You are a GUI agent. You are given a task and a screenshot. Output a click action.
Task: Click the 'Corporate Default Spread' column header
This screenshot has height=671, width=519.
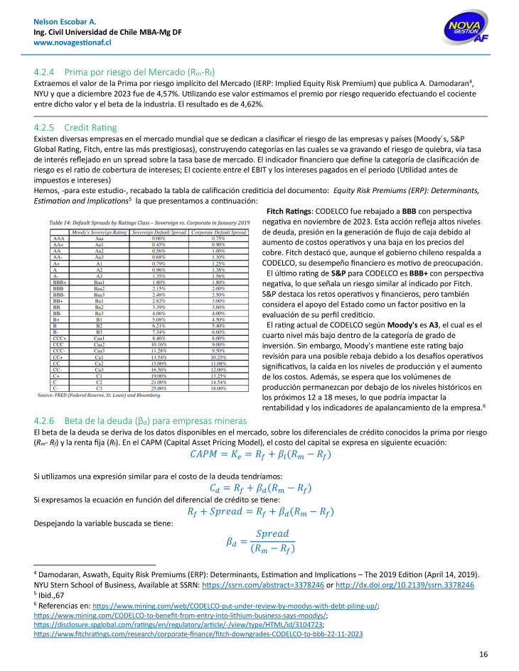223,232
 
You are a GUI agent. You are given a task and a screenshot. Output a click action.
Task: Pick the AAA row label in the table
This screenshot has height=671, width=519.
58,239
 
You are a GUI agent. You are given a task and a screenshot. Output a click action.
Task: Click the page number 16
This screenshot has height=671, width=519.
483,654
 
